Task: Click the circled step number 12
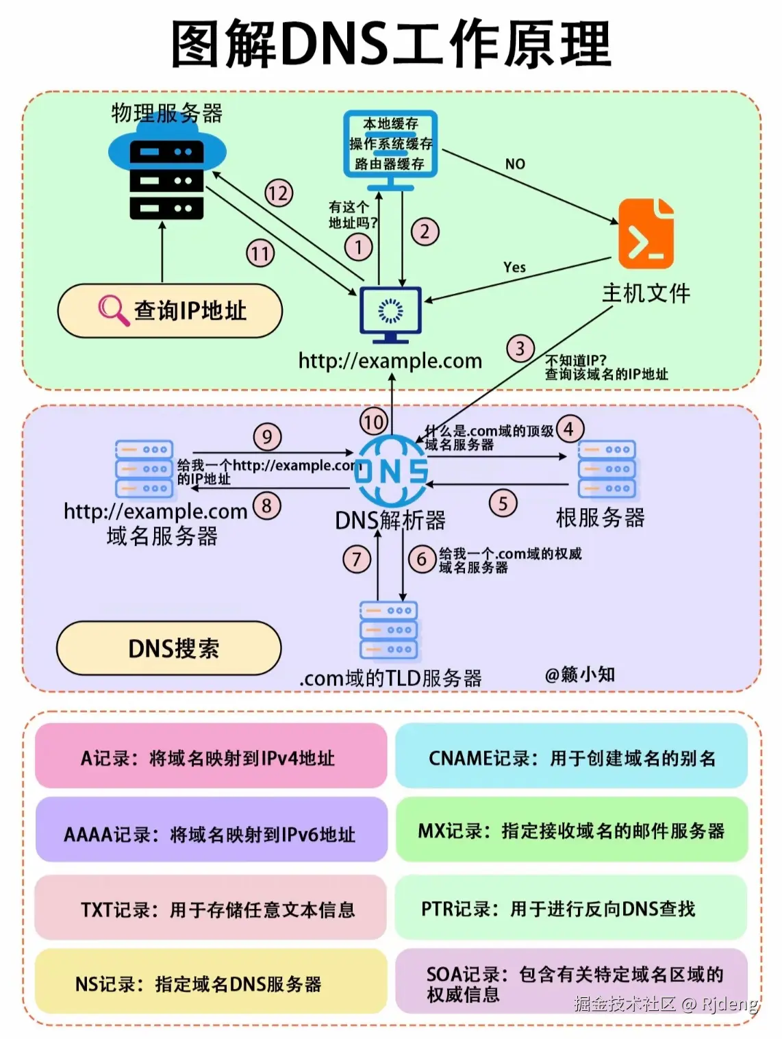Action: (x=279, y=193)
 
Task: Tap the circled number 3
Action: (x=520, y=349)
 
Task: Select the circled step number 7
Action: (x=357, y=560)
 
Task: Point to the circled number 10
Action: (x=374, y=421)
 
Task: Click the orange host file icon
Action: (x=646, y=234)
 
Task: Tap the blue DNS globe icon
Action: (x=391, y=471)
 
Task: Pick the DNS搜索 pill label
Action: (x=168, y=648)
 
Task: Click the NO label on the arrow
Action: (x=515, y=164)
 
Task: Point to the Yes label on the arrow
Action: (x=514, y=267)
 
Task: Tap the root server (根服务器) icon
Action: (x=607, y=469)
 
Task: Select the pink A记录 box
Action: (x=211, y=757)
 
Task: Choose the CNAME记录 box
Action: (x=571, y=757)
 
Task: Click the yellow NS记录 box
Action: (x=211, y=983)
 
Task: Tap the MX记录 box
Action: (x=571, y=830)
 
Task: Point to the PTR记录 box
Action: (x=571, y=908)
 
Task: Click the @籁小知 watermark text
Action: (x=579, y=675)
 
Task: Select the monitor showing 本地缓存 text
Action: (x=390, y=145)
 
